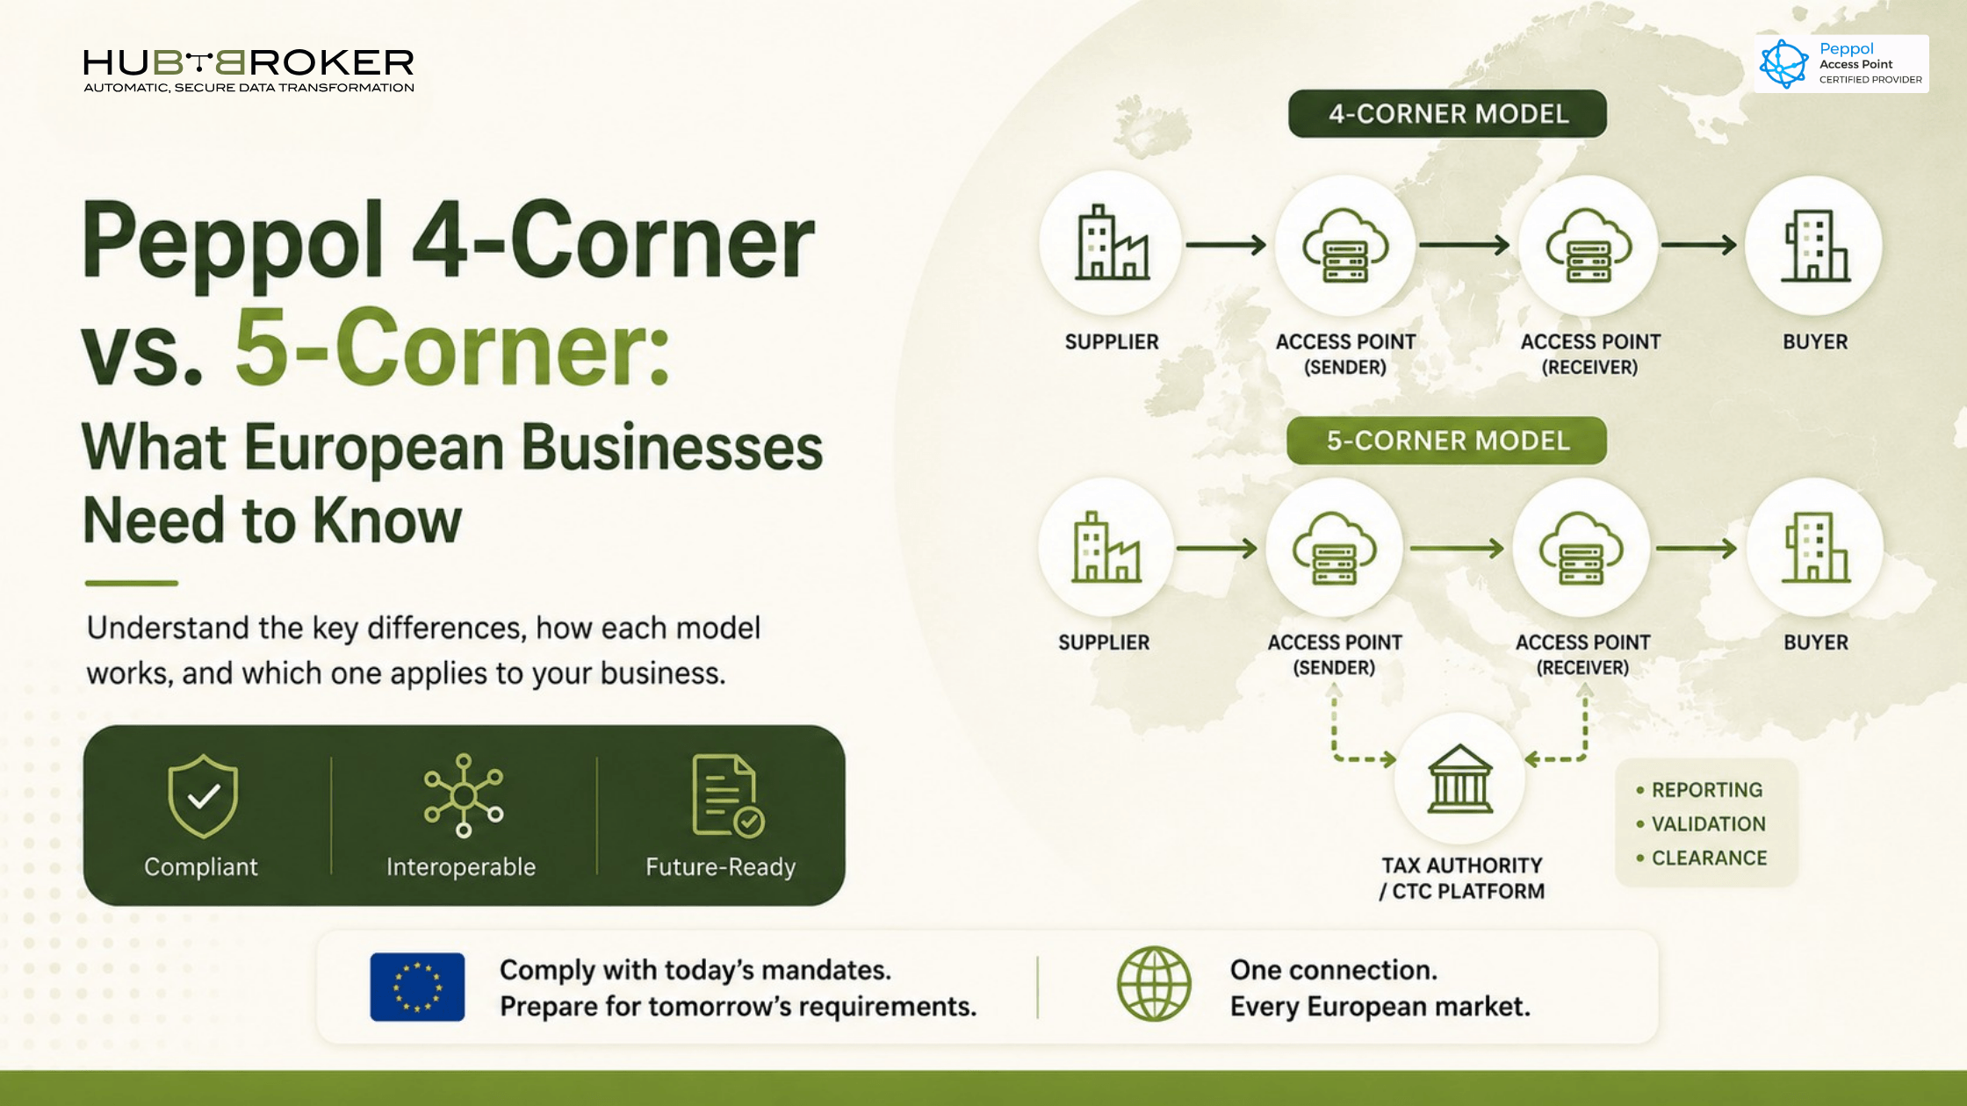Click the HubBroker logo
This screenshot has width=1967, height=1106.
pos(249,70)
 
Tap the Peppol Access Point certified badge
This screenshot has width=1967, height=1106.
pos(1841,64)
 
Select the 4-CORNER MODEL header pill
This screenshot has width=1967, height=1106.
pos(1448,113)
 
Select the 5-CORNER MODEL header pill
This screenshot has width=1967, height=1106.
pos(1447,441)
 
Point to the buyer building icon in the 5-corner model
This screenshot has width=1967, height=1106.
pos(1815,548)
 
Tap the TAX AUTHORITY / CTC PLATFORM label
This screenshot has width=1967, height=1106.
pos(1462,878)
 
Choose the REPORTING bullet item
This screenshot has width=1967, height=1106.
pos(1699,790)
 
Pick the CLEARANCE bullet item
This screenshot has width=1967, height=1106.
pos(1702,858)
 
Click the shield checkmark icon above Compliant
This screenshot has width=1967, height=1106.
pos(203,795)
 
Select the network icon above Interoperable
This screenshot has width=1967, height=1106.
pos(464,795)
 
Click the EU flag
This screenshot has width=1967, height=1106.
pos(417,987)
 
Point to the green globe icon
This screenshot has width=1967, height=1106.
pos(1154,984)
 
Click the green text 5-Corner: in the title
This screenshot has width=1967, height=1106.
pos(452,348)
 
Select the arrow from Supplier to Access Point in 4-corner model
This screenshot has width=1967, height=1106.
pos(1226,245)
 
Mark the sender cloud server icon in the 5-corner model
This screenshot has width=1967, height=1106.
pos(1334,549)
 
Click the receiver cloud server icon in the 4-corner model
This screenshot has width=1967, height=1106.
pos(1589,245)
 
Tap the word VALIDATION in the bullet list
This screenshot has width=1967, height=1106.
pos(1708,824)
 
